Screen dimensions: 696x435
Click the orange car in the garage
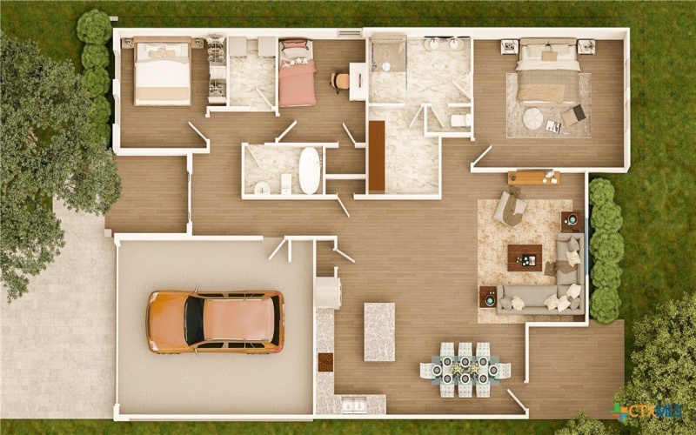coord(215,322)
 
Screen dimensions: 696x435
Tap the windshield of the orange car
coord(194,321)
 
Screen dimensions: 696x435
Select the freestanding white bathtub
coord(309,171)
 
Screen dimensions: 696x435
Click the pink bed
coord(297,73)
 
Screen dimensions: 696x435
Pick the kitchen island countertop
coord(379,332)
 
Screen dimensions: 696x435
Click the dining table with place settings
coord(465,369)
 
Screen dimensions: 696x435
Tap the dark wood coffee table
coord(525,258)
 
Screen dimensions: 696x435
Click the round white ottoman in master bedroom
coord(532,118)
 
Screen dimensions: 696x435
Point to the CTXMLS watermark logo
coord(646,411)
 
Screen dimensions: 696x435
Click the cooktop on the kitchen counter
coord(325,362)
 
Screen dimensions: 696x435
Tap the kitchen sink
coord(353,405)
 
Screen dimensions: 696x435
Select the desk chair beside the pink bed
coord(340,81)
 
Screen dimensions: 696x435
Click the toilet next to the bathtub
coord(286,184)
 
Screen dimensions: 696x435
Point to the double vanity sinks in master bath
coord(443,43)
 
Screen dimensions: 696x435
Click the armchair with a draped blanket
coord(510,208)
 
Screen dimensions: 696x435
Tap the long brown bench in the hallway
coord(377,156)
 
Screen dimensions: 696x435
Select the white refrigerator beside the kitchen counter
coord(328,292)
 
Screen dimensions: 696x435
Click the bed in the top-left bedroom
coord(163,71)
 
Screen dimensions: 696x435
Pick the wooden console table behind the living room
coord(533,177)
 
